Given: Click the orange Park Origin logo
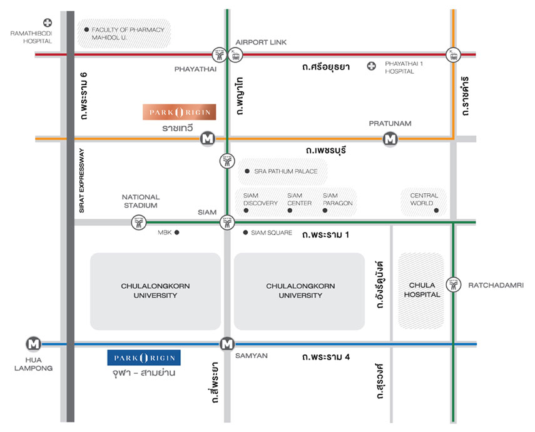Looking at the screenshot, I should coord(180,112).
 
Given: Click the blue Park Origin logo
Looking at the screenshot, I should coord(144,358).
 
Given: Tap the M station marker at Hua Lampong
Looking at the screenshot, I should coord(34,344).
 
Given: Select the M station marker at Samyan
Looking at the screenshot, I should coord(227,344).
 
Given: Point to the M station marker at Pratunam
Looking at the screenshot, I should coord(390,138).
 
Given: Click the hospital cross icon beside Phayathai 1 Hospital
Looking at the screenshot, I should coord(372,66).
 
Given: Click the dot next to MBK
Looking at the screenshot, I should coord(177,233).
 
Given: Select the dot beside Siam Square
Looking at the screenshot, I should coord(245,233).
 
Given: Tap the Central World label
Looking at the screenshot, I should coord(421,199).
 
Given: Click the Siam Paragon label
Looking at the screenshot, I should coord(337,199).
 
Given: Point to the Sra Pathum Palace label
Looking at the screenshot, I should coord(285,171).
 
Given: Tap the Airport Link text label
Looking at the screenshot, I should coord(261,42).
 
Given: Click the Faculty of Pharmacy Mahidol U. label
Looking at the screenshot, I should coord(128,33).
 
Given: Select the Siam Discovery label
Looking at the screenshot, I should coord(260,199).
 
